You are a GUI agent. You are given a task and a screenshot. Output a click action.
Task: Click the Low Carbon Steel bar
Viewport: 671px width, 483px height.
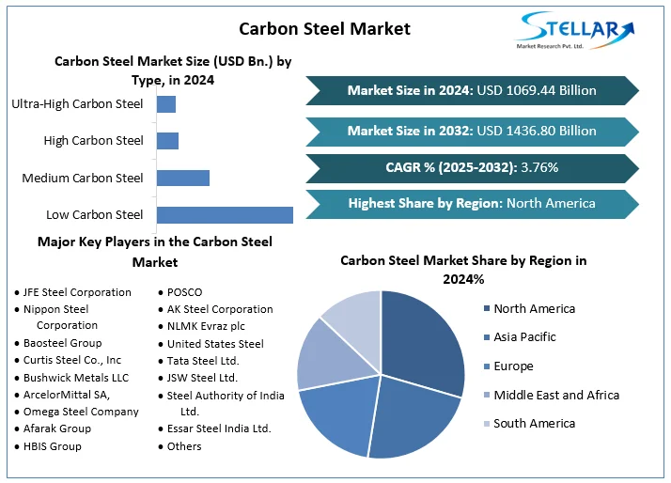coord(225,215)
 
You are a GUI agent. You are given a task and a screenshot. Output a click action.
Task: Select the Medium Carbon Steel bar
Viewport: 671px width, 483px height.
coord(182,178)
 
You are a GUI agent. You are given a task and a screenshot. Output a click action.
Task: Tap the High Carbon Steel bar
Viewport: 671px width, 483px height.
coord(167,141)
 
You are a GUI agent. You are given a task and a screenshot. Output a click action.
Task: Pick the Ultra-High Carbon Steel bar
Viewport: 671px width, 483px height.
coord(166,104)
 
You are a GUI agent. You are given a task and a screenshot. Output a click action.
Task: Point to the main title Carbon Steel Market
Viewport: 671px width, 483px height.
coord(324,28)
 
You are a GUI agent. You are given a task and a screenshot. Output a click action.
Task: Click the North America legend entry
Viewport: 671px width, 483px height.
coord(534,308)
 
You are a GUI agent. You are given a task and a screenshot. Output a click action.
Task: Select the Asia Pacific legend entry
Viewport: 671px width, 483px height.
coord(524,336)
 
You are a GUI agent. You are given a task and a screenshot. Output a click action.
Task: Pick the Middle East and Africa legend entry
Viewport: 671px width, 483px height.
coord(555,395)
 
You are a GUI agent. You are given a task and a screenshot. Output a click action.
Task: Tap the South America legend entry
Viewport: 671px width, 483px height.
coord(534,423)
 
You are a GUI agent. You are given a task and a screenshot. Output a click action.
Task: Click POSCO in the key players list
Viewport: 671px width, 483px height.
coord(184,292)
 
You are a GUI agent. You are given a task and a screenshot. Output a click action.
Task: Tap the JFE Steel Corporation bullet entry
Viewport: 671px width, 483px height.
coord(77,292)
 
